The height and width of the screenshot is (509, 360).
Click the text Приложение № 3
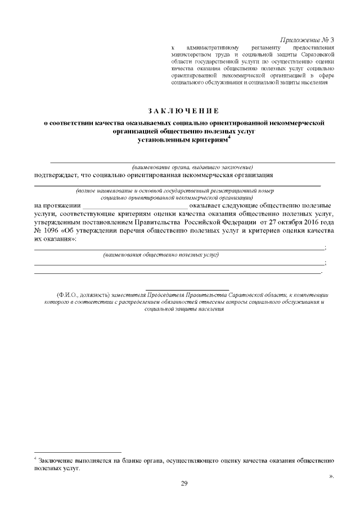(307, 40)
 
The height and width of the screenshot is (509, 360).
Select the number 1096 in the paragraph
(57, 231)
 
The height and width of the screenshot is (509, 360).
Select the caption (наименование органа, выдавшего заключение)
(192, 167)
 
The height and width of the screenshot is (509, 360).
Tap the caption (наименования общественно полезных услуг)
(160, 255)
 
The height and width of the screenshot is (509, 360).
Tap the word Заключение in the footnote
(56, 461)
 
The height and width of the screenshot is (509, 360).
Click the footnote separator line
(78, 452)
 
